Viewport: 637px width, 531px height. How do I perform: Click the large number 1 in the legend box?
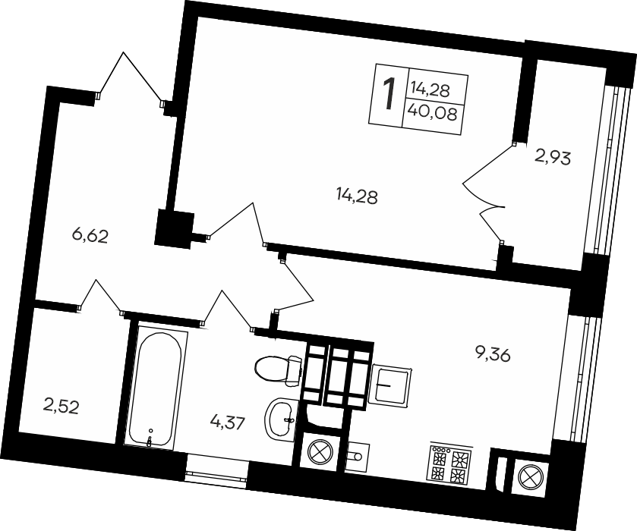tap(388, 95)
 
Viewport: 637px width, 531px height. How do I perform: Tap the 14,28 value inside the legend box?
tap(430, 89)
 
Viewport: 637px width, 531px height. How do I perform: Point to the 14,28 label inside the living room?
tap(357, 197)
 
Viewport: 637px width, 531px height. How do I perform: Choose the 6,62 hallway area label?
tap(91, 236)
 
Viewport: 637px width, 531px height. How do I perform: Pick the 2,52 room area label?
tap(61, 407)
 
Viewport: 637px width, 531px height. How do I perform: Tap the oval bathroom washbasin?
tap(285, 416)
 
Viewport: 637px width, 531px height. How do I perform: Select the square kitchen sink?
tap(391, 383)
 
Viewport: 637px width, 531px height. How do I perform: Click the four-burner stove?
tap(449, 463)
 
